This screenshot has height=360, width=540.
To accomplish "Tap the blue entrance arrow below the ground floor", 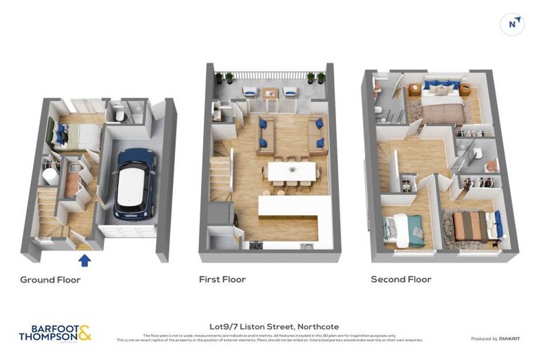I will (x=84, y=261).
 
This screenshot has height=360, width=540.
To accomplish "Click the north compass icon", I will (x=512, y=24).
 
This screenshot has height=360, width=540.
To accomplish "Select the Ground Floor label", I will (x=50, y=280).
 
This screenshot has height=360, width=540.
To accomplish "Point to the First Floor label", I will (x=222, y=280).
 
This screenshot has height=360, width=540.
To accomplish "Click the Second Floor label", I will (x=401, y=280).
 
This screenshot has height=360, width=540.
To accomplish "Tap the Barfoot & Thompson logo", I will (x=55, y=333).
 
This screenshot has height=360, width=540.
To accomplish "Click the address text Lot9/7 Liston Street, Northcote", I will (x=274, y=326).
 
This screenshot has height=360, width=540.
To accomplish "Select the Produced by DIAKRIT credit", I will (x=497, y=339).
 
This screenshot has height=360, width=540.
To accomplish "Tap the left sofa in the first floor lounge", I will (x=265, y=135).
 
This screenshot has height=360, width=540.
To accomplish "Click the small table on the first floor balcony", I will (x=270, y=92).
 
